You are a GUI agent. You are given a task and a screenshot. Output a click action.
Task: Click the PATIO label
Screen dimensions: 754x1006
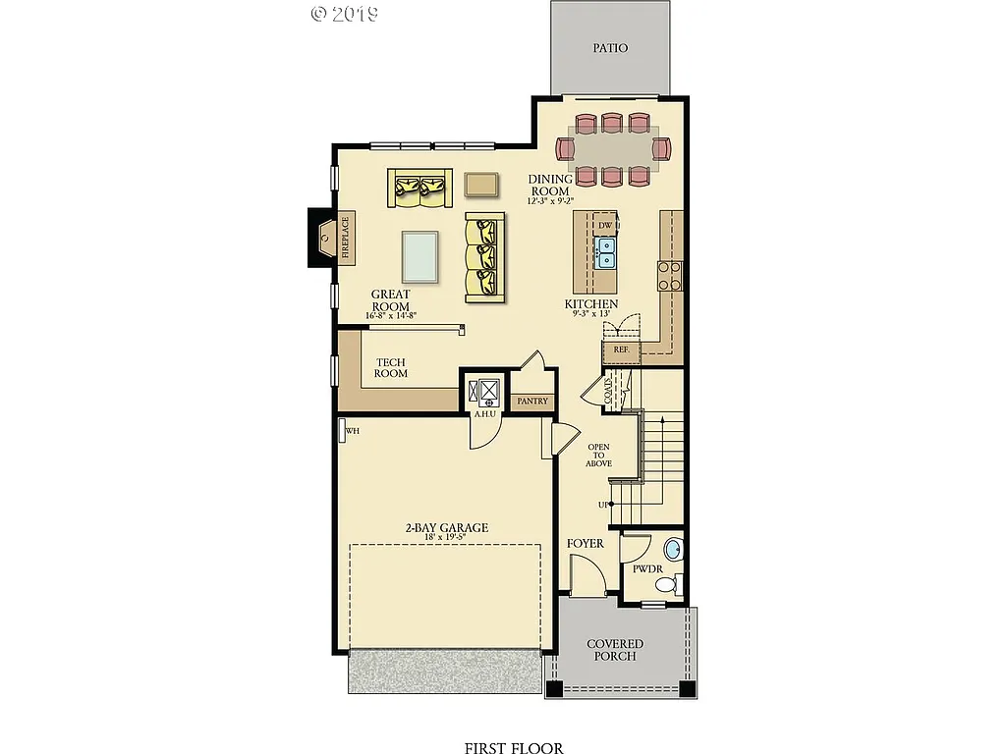(610, 47)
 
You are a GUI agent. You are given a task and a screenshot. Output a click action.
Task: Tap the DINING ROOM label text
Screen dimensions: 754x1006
(550, 185)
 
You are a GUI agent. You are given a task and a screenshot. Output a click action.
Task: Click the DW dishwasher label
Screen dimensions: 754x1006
(605, 226)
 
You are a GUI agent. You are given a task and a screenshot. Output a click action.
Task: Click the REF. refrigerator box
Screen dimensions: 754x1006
(621, 350)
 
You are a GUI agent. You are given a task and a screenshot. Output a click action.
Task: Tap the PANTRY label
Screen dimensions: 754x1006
(532, 402)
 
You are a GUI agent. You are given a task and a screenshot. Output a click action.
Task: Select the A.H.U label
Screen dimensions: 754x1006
(484, 414)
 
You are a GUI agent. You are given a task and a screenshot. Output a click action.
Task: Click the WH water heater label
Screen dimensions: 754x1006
(352, 430)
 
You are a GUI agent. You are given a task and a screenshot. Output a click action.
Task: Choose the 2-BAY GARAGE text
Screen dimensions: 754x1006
(446, 528)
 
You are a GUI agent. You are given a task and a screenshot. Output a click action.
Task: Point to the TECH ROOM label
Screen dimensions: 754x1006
(391, 368)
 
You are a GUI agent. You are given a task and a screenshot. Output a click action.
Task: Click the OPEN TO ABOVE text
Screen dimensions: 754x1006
(598, 456)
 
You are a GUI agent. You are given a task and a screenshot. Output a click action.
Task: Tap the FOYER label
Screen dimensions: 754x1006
(586, 543)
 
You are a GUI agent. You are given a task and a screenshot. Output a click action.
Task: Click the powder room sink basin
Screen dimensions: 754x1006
(671, 548)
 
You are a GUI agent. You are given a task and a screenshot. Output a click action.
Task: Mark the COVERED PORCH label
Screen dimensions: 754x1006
(615, 650)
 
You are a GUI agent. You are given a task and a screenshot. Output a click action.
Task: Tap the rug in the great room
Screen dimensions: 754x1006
(420, 256)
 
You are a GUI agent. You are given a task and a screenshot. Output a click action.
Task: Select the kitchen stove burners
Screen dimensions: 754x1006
(669, 275)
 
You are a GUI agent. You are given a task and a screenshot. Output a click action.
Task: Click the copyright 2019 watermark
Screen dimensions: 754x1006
(345, 13)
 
